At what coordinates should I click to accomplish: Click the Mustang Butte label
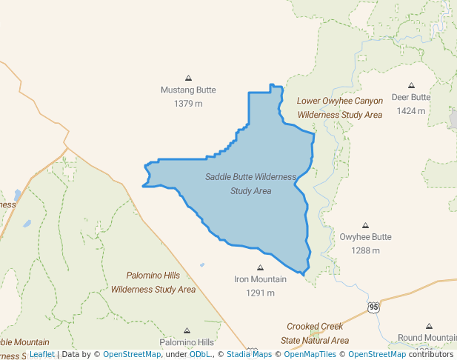click(188, 90)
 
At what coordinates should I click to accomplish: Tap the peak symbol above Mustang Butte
click(188, 78)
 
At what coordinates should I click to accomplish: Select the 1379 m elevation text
click(188, 104)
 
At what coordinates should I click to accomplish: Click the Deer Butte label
click(410, 97)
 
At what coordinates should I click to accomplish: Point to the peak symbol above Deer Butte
click(411, 85)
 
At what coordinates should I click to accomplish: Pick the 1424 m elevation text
click(410, 111)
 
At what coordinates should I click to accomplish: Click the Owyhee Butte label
click(365, 237)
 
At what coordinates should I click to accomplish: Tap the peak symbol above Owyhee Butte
click(365, 225)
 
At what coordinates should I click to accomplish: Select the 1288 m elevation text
click(365, 250)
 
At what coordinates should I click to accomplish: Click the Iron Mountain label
click(260, 279)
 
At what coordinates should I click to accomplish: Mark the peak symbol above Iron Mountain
click(260, 267)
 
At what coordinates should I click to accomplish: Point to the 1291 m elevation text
click(260, 293)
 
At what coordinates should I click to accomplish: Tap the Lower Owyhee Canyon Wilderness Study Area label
click(340, 107)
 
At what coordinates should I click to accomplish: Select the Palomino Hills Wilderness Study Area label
click(153, 281)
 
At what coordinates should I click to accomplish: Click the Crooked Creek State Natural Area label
click(318, 333)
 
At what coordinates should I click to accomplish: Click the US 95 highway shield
click(373, 307)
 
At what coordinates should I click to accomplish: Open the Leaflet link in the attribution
click(42, 354)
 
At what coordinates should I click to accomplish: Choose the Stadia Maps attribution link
click(249, 354)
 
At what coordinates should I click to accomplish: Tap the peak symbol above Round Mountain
click(429, 326)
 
